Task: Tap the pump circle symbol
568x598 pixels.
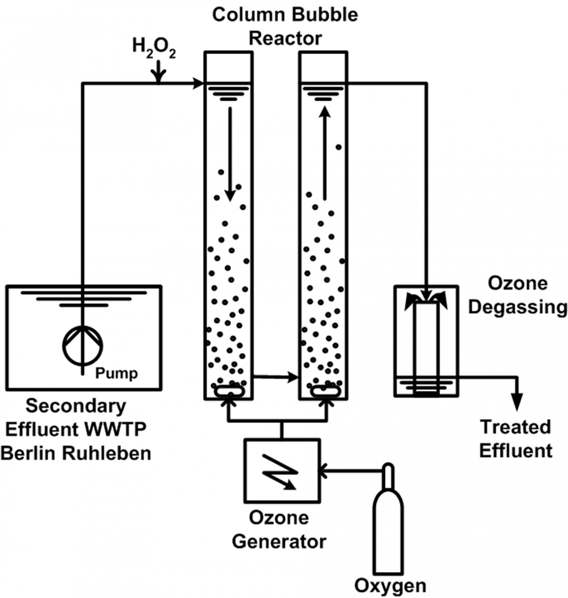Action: (83, 346)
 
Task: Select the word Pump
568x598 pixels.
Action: (116, 373)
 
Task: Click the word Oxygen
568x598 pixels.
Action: (391, 586)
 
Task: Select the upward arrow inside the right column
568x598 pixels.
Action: (325, 153)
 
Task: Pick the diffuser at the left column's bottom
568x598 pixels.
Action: (229, 391)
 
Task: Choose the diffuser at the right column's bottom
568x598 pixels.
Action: (325, 391)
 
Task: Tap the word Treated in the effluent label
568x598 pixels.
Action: (516, 427)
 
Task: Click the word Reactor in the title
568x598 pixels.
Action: (285, 39)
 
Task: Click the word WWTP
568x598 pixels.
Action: (116, 430)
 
